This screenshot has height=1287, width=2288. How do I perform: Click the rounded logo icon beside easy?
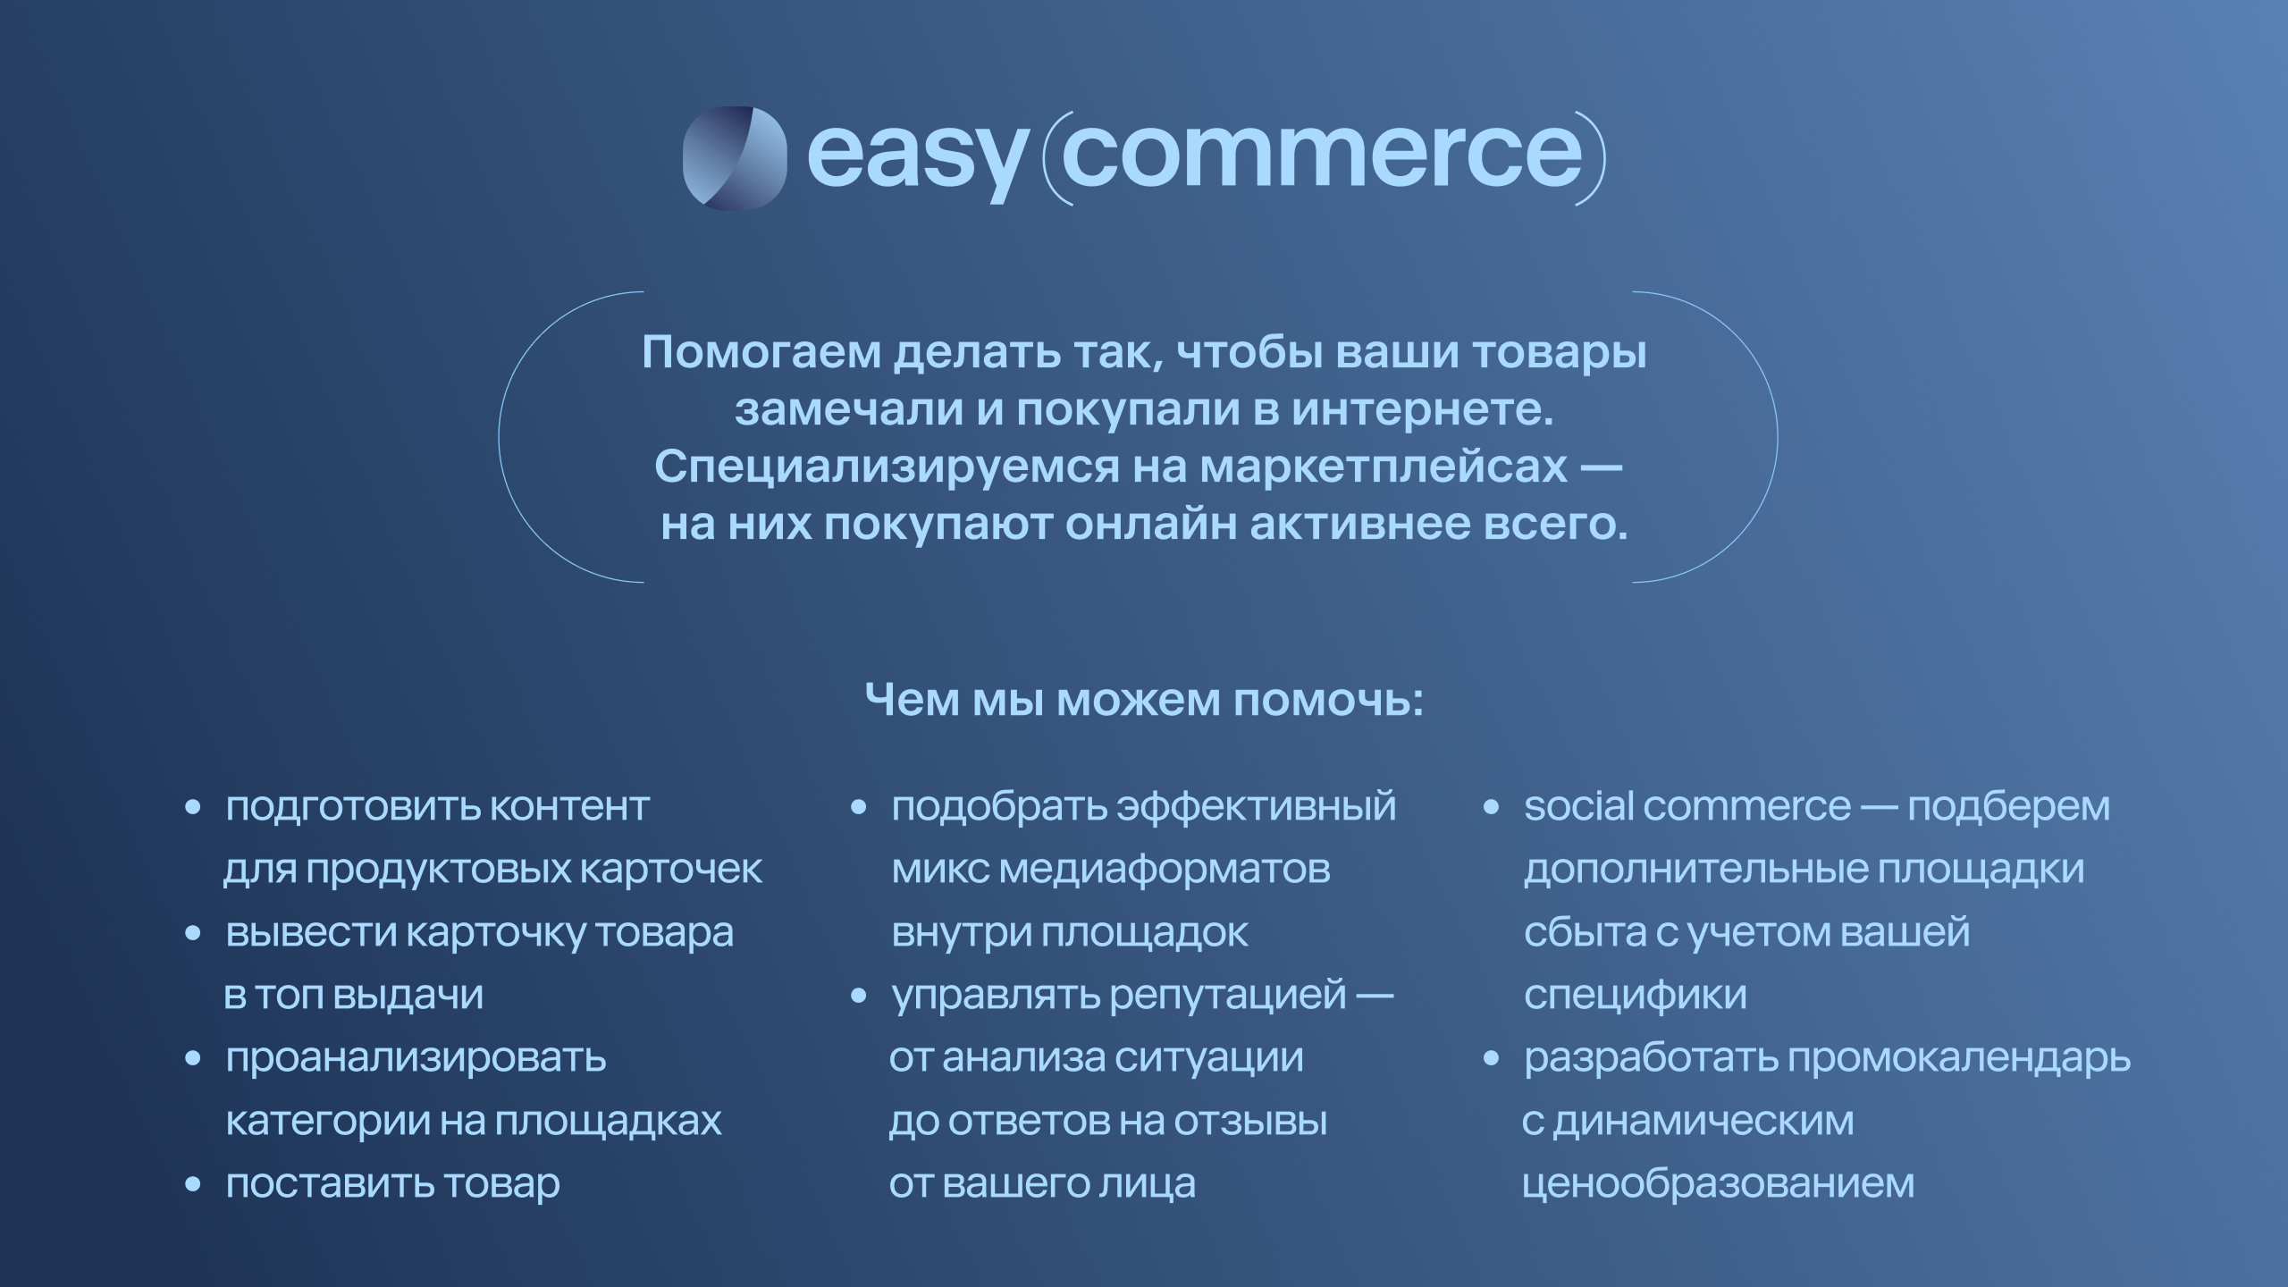[735, 158]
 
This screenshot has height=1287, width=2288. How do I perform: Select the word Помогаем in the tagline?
[761, 354]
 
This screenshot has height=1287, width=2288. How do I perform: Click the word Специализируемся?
[886, 467]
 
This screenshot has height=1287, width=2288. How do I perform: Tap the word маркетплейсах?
[1384, 467]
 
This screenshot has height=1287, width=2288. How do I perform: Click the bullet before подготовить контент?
[192, 808]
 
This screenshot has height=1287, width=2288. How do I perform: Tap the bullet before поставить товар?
[192, 1185]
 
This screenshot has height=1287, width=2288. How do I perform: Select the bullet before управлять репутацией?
[859, 997]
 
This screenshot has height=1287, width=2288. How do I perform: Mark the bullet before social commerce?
[1491, 808]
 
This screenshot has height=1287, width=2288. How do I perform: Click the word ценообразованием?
[1718, 1184]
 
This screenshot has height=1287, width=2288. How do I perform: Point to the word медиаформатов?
[1165, 870]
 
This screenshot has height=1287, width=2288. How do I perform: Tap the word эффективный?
[1257, 807]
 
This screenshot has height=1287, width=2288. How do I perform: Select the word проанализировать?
[416, 1060]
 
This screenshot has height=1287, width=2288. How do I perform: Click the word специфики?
[1635, 996]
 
